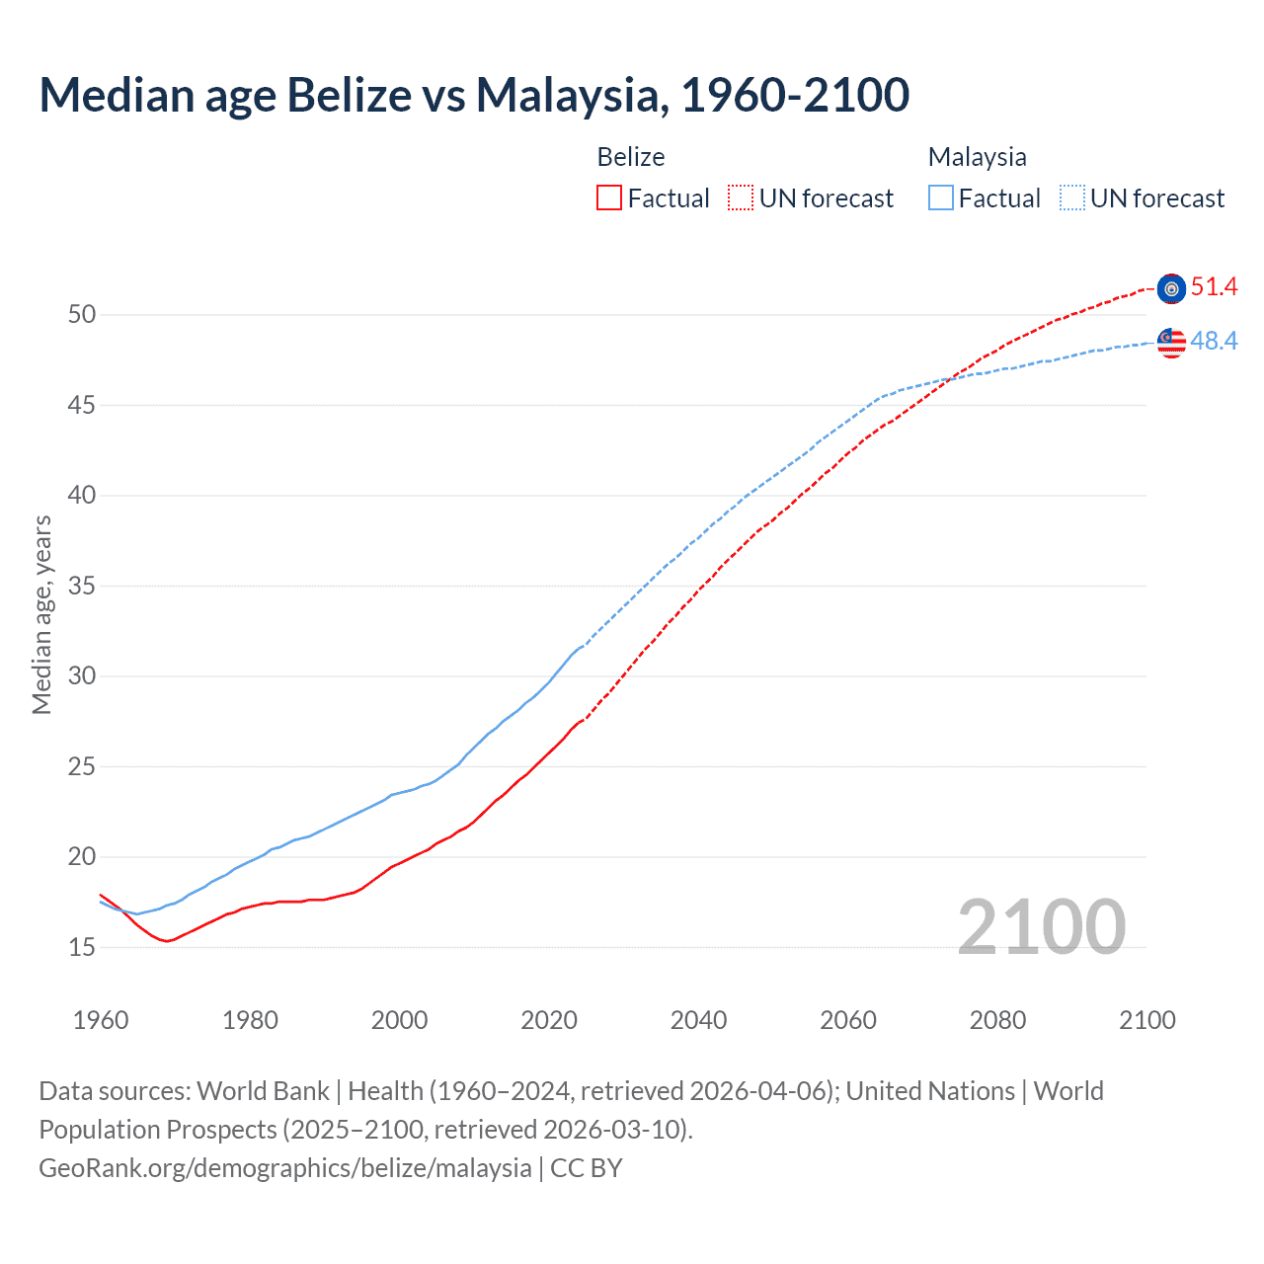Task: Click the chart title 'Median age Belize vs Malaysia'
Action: coord(474,95)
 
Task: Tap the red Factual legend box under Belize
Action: coord(609,198)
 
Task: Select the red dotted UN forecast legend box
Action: coord(741,198)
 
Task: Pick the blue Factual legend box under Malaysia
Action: coord(941,198)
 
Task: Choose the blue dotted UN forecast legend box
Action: coord(1072,198)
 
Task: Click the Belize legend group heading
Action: coord(631,157)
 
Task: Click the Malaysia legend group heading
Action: coord(977,157)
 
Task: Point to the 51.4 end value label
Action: coord(1214,287)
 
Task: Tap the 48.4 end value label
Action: coord(1214,341)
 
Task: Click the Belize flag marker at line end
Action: coord(1171,288)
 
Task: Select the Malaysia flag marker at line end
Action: coord(1171,343)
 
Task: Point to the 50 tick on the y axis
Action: coord(82,315)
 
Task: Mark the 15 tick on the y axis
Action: coord(82,948)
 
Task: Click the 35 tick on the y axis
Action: coord(82,587)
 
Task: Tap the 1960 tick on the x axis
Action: coord(101,1020)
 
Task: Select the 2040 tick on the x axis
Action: coord(698,1020)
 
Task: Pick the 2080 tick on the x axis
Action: coord(997,1020)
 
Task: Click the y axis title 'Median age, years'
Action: coord(41,614)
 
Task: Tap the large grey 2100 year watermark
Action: coord(1041,926)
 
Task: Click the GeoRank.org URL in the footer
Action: coord(285,1168)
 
